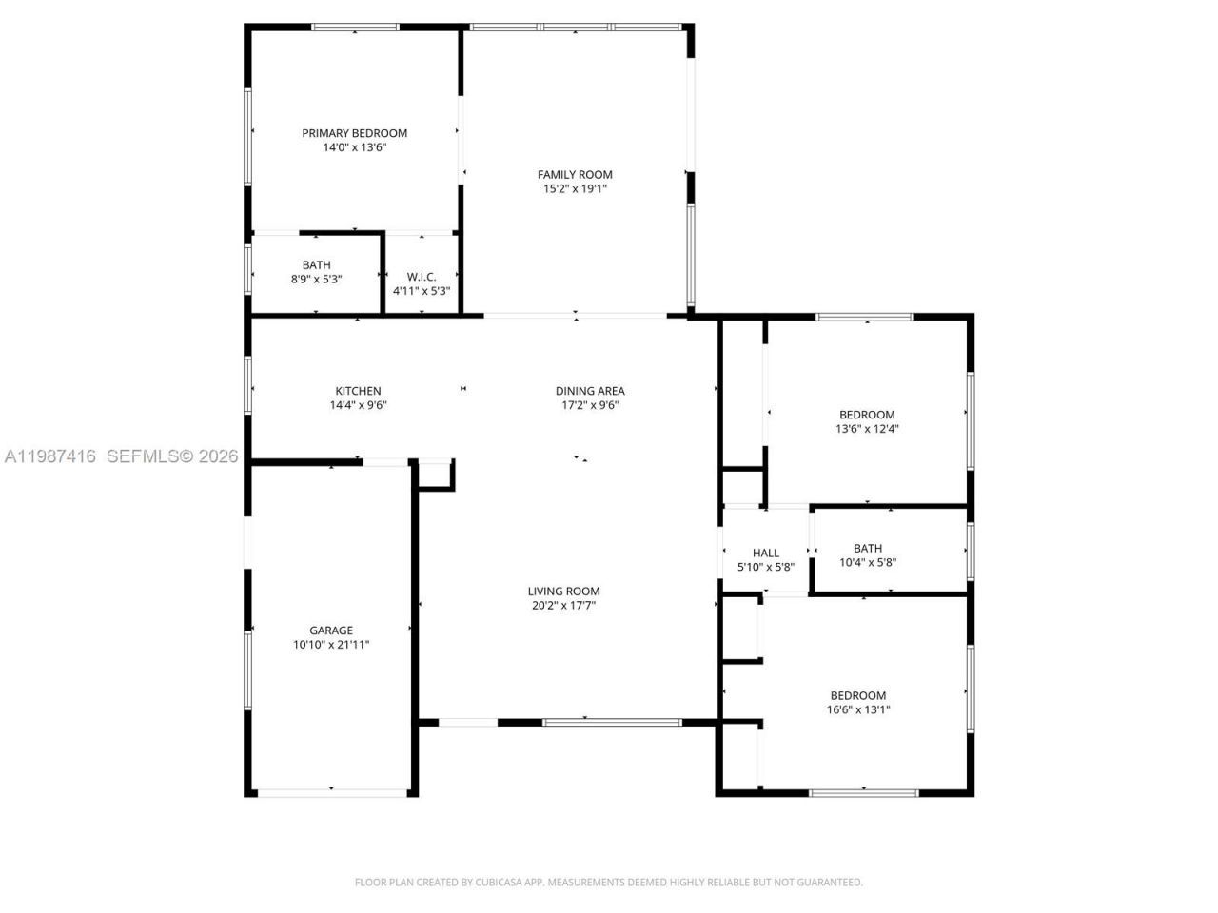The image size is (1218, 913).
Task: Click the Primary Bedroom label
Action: click(x=354, y=133)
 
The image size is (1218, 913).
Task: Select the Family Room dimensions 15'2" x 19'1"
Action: click(x=575, y=189)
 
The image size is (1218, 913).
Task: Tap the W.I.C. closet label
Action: click(x=421, y=277)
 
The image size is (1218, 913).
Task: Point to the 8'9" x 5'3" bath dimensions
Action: click(x=316, y=280)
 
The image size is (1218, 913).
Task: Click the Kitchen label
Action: click(x=358, y=391)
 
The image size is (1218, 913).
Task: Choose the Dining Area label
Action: click(x=590, y=391)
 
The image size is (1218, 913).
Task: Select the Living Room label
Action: click(x=563, y=591)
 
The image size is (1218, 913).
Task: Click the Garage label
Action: click(x=331, y=631)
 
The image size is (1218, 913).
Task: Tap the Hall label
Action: click(x=765, y=553)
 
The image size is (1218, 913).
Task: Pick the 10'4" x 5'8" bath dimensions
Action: click(x=867, y=562)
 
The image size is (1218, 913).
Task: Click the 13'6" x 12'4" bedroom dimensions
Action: click(x=867, y=429)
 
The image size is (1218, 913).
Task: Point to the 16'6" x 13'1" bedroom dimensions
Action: click(x=857, y=709)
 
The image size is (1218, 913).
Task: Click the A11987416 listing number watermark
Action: click(x=50, y=456)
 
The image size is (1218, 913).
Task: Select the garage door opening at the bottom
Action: click(x=331, y=791)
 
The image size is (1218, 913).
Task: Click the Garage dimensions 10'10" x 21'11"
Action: click(x=331, y=645)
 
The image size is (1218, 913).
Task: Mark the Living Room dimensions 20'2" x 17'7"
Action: click(x=563, y=605)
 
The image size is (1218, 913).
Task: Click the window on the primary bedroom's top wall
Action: click(x=355, y=28)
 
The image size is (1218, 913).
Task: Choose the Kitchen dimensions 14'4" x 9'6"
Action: click(x=358, y=405)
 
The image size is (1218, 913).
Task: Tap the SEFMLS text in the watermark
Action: click(x=143, y=456)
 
